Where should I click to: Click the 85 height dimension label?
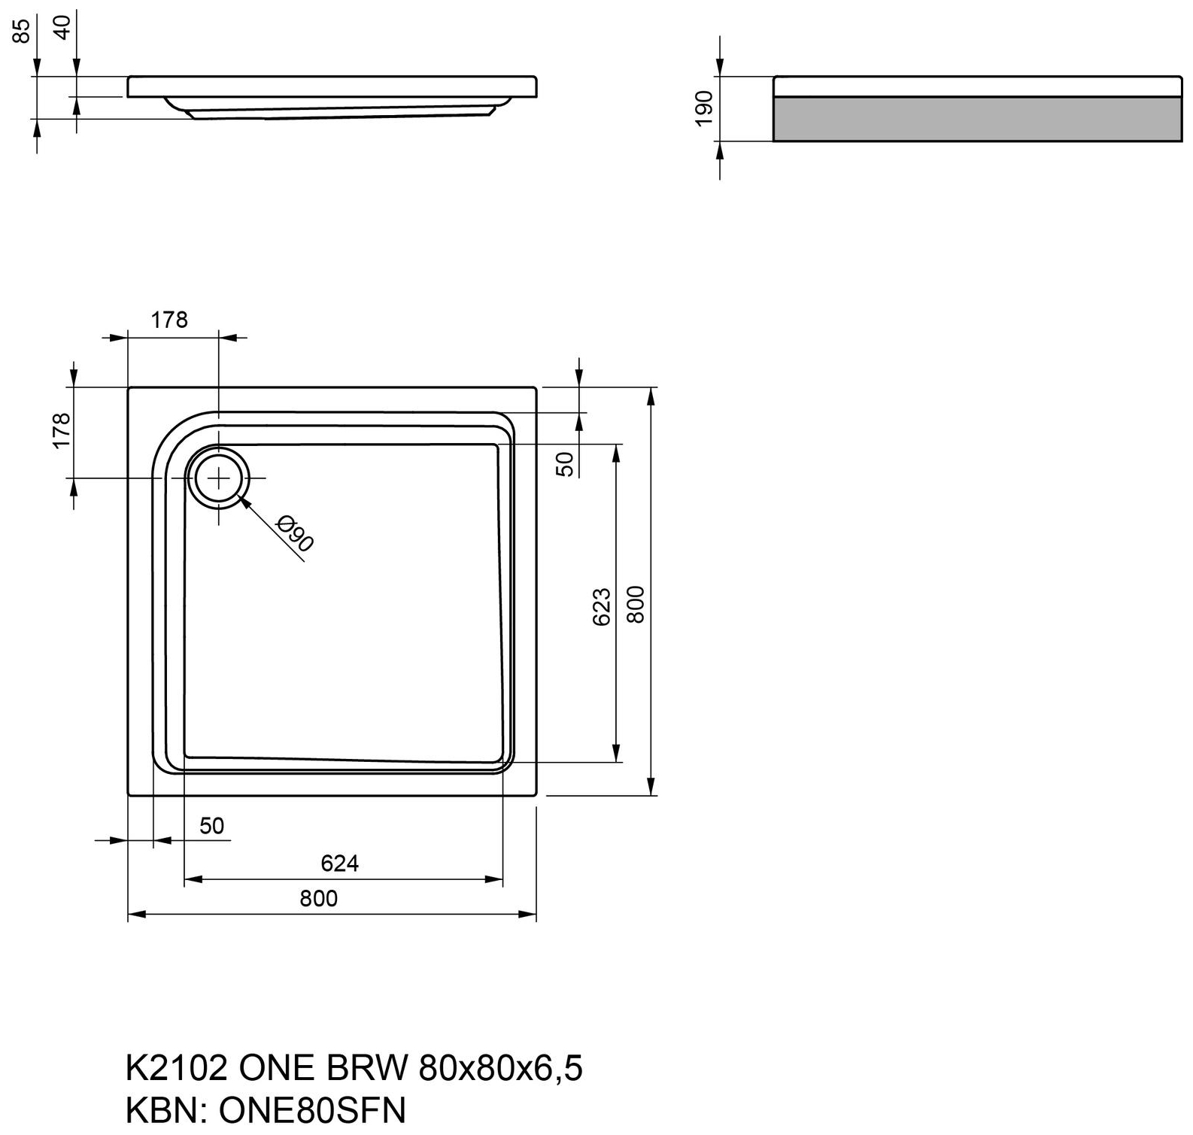coord(23,30)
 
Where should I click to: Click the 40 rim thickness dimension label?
coord(64,28)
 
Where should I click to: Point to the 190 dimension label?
coord(704,108)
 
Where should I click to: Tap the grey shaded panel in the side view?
coord(977,119)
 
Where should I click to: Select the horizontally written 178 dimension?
coord(169,320)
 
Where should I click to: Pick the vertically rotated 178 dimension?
coord(62,430)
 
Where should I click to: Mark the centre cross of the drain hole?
coord(218,478)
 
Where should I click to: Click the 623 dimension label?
coord(602,607)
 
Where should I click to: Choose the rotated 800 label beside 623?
coord(636,604)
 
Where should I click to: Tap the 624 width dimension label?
coord(339,863)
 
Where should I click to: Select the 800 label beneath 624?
coord(318,899)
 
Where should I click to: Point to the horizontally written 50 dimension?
coord(212,826)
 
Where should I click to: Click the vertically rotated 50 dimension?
coord(566,464)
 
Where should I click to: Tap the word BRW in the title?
coord(368,1067)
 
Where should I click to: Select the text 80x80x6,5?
coord(500,1068)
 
